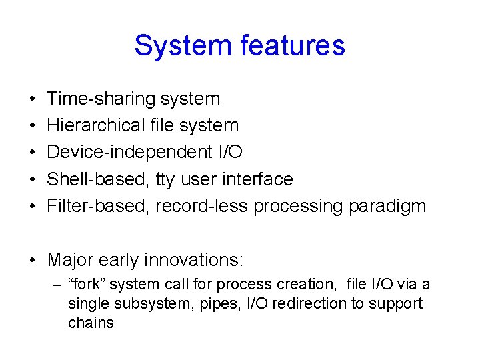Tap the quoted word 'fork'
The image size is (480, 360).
pyautogui.click(x=87, y=285)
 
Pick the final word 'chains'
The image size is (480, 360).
pyautogui.click(x=91, y=323)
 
